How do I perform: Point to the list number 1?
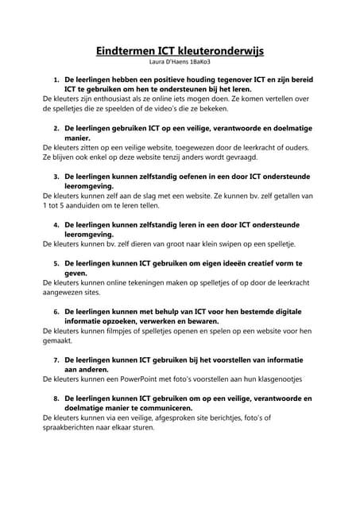pyautogui.click(x=56, y=81)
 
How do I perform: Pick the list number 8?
pyautogui.click(x=56, y=397)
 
